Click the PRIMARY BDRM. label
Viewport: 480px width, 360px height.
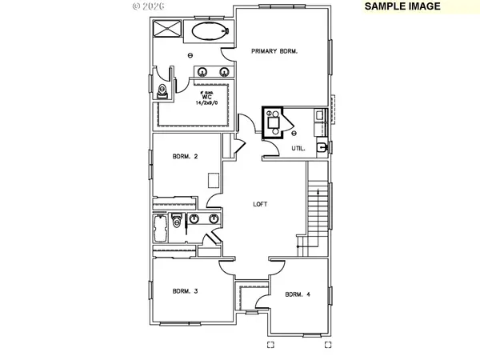click(x=274, y=51)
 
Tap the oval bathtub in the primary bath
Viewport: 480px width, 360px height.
click(x=208, y=32)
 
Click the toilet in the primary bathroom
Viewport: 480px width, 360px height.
click(x=164, y=90)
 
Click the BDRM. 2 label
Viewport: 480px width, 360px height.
click(x=186, y=156)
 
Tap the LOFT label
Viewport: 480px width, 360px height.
click(x=260, y=204)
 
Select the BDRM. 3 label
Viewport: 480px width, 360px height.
click(x=186, y=291)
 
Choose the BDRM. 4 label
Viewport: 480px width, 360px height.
click(x=298, y=294)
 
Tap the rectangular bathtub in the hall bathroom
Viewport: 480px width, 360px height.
click(x=159, y=230)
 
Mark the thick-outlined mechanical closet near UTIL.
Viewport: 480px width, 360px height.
click(x=274, y=122)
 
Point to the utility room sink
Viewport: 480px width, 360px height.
click(x=322, y=148)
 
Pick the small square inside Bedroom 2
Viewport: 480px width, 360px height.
click(x=214, y=179)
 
